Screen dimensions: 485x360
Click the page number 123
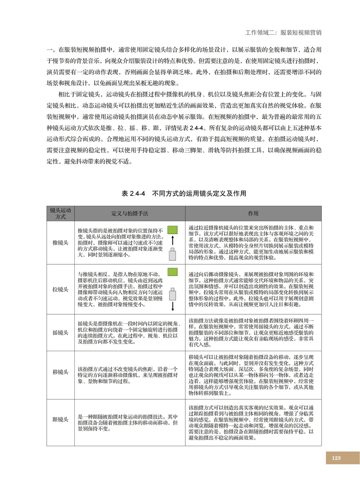pyautogui.click(x=336, y=458)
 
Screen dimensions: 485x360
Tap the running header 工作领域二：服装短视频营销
pyautogui.click(x=285, y=33)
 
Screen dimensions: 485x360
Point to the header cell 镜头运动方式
pyautogui.click(x=60, y=213)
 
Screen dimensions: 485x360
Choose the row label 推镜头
pyautogui.click(x=60, y=242)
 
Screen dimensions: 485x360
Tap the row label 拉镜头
pyautogui.click(x=60, y=288)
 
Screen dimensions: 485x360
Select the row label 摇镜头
pyautogui.click(x=60, y=332)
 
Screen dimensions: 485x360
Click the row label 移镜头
pyautogui.click(x=60, y=372)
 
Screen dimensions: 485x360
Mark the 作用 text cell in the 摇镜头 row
pyautogui.click(x=253, y=332)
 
